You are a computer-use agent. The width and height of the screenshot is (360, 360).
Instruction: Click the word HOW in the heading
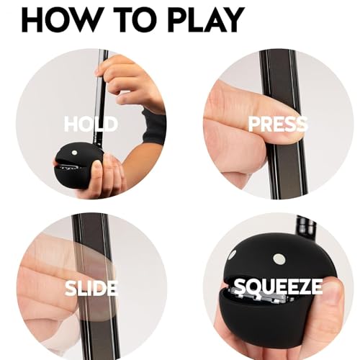click(x=60, y=19)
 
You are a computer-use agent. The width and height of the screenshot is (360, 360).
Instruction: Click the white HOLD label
click(x=91, y=124)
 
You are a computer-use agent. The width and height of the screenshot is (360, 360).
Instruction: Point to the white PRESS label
click(x=278, y=124)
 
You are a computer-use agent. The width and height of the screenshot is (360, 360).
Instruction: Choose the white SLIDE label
click(x=91, y=288)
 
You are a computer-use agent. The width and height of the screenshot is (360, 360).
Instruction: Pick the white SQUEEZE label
click(x=278, y=287)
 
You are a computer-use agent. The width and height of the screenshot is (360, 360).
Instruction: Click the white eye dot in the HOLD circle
click(x=74, y=153)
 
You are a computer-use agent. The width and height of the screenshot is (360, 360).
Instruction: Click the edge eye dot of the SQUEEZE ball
click(x=233, y=255)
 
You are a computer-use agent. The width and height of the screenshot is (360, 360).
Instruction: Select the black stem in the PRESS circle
click(x=283, y=125)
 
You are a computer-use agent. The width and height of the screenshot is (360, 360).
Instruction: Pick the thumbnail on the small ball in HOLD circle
click(x=97, y=165)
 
